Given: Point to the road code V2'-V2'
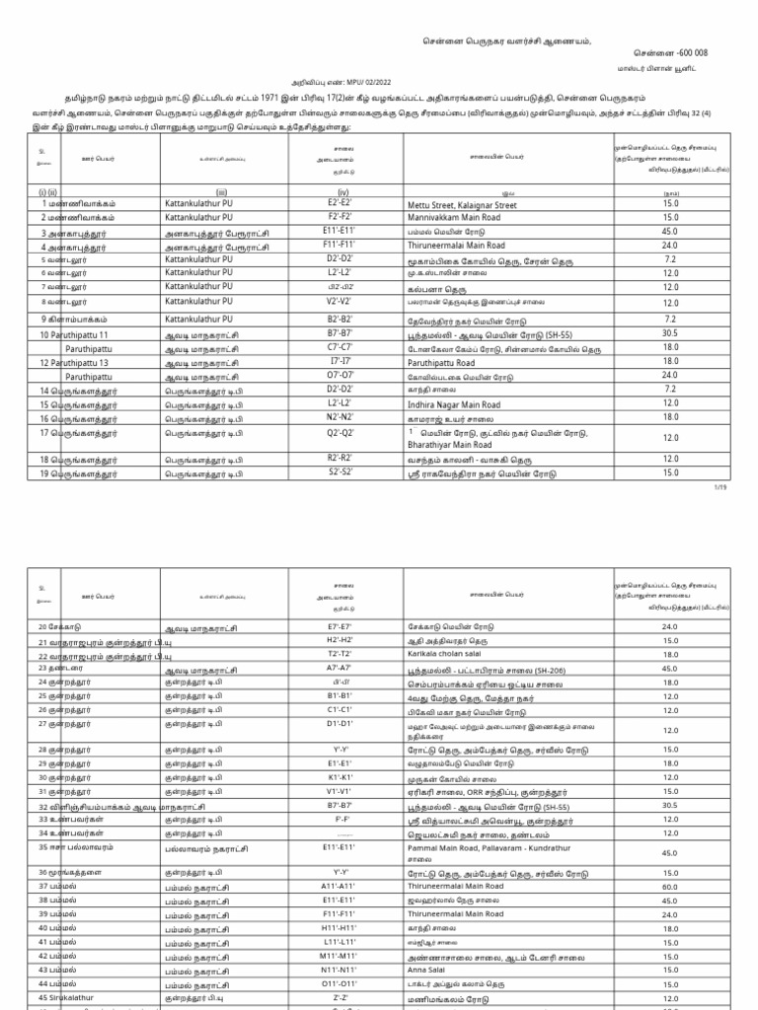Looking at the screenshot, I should click(x=340, y=302).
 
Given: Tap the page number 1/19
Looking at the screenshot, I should click(x=718, y=487).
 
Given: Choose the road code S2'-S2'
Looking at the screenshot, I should click(x=340, y=472).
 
